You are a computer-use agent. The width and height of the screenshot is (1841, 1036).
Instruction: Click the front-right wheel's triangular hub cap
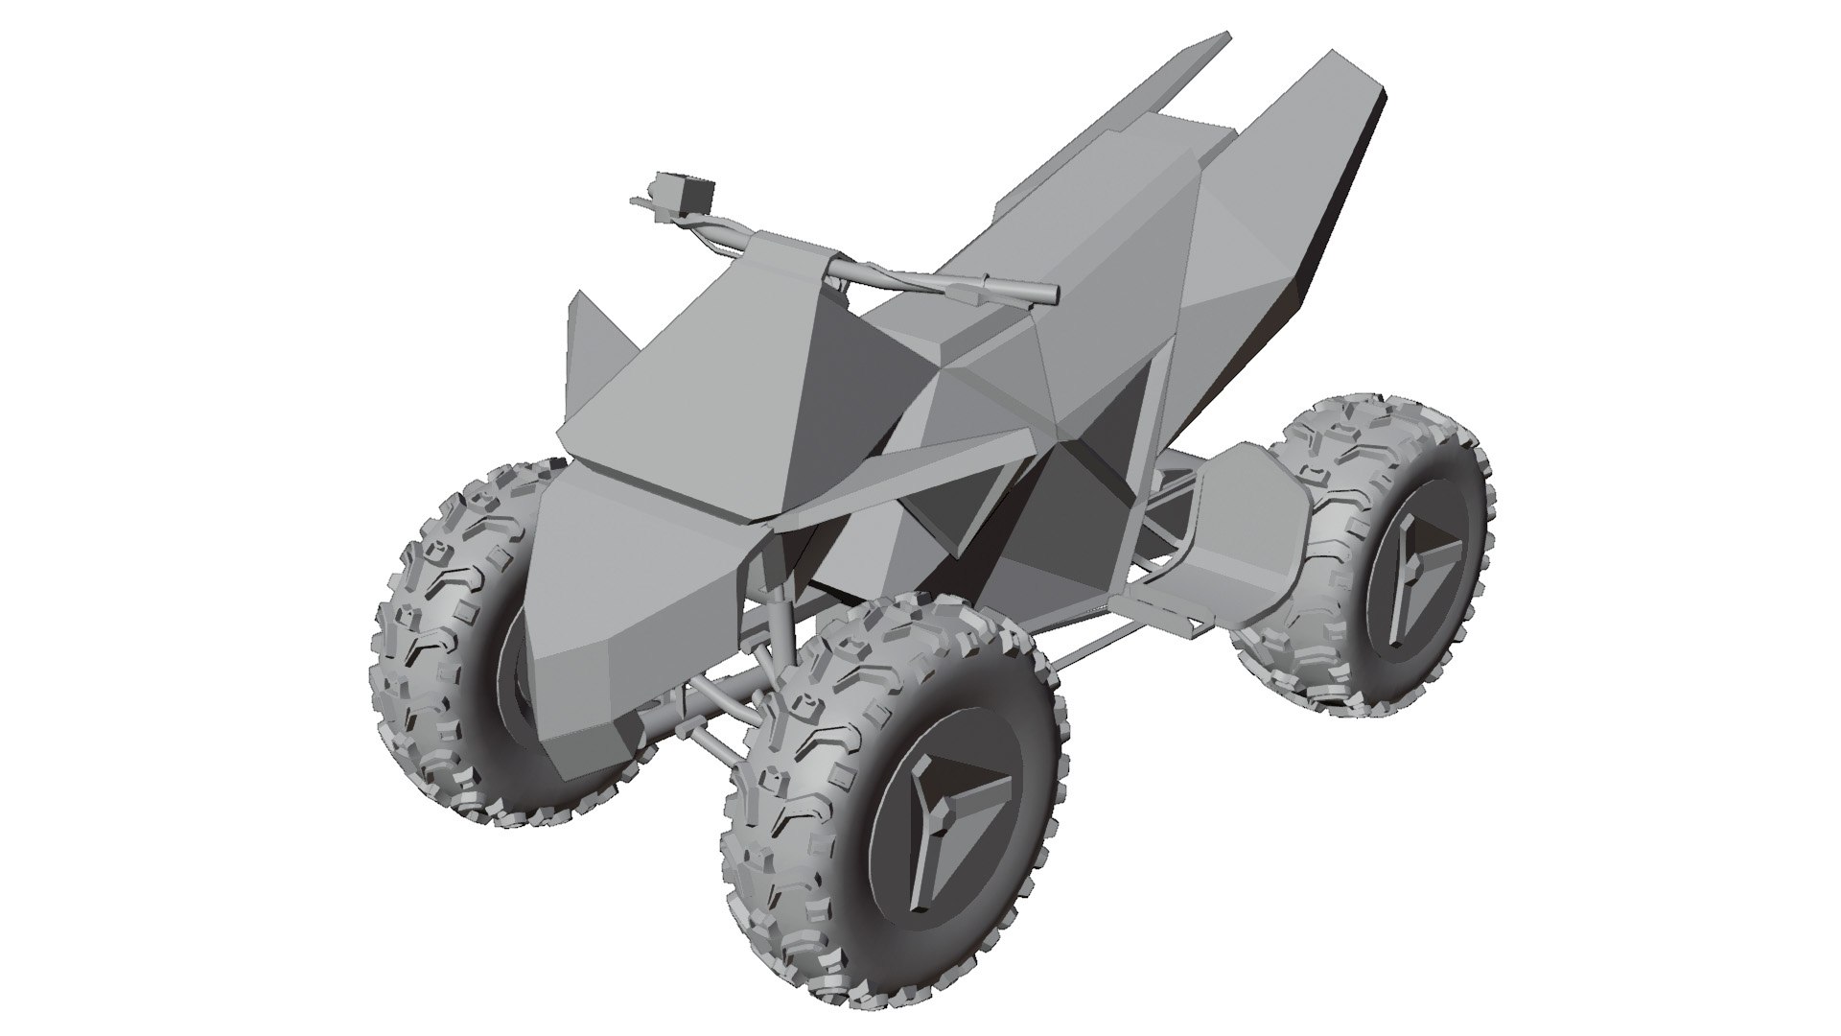click(949, 815)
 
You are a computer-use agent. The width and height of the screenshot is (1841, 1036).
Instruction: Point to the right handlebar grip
click(1016, 290)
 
